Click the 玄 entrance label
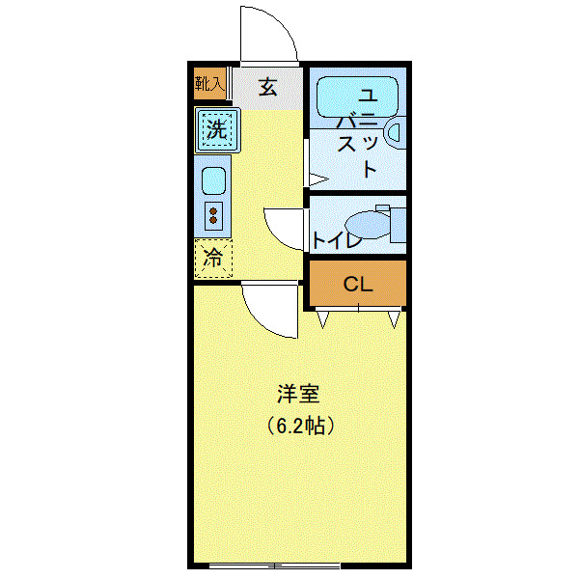267,88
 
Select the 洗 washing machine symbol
217,129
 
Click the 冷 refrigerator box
214,258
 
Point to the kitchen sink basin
213,180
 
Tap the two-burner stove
213,214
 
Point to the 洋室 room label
298,394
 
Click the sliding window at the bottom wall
275,565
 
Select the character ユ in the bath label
368,96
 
